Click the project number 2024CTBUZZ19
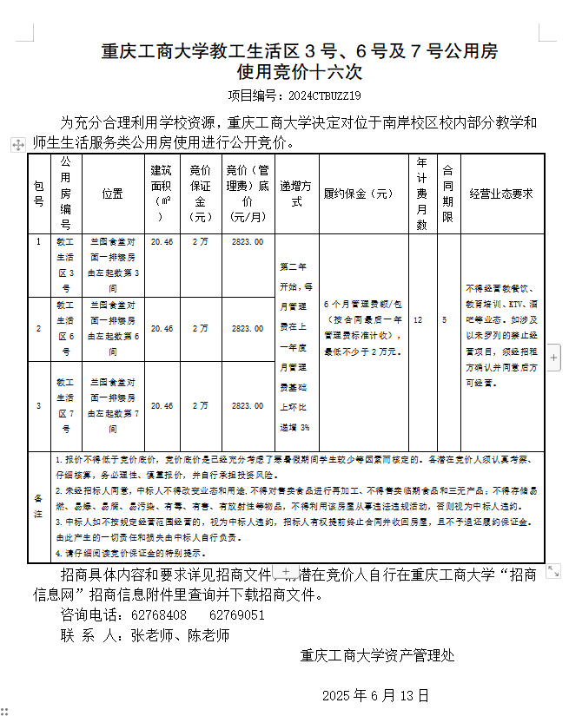[x=323, y=95]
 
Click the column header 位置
[x=112, y=194]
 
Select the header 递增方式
[x=296, y=194]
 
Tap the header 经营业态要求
[x=500, y=194]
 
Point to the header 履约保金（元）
[x=359, y=194]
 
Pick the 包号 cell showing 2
[x=38, y=329]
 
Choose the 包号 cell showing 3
[x=38, y=405]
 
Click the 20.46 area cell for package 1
[x=162, y=242]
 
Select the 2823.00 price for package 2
[x=248, y=329]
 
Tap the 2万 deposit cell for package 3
[x=201, y=405]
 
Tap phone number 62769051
[x=237, y=614]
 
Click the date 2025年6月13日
[x=376, y=695]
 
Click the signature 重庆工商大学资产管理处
[x=378, y=655]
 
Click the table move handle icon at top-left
[x=17, y=145]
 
